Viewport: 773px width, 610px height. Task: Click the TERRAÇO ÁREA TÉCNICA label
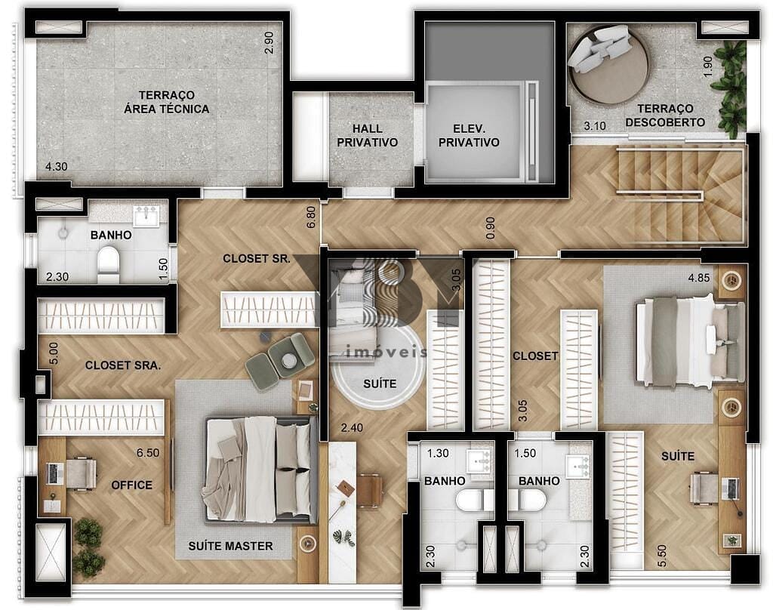(166, 102)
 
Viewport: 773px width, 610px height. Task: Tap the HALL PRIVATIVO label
(367, 136)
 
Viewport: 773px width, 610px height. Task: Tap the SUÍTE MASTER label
(230, 546)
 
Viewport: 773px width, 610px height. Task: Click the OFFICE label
(132, 485)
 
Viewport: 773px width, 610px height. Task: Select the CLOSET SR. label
(257, 258)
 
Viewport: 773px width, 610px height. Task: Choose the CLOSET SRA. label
(122, 365)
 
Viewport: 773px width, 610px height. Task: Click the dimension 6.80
(311, 217)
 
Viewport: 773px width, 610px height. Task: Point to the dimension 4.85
(698, 277)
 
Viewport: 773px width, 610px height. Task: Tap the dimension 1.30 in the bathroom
(437, 453)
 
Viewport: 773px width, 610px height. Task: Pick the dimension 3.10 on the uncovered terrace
(596, 126)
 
